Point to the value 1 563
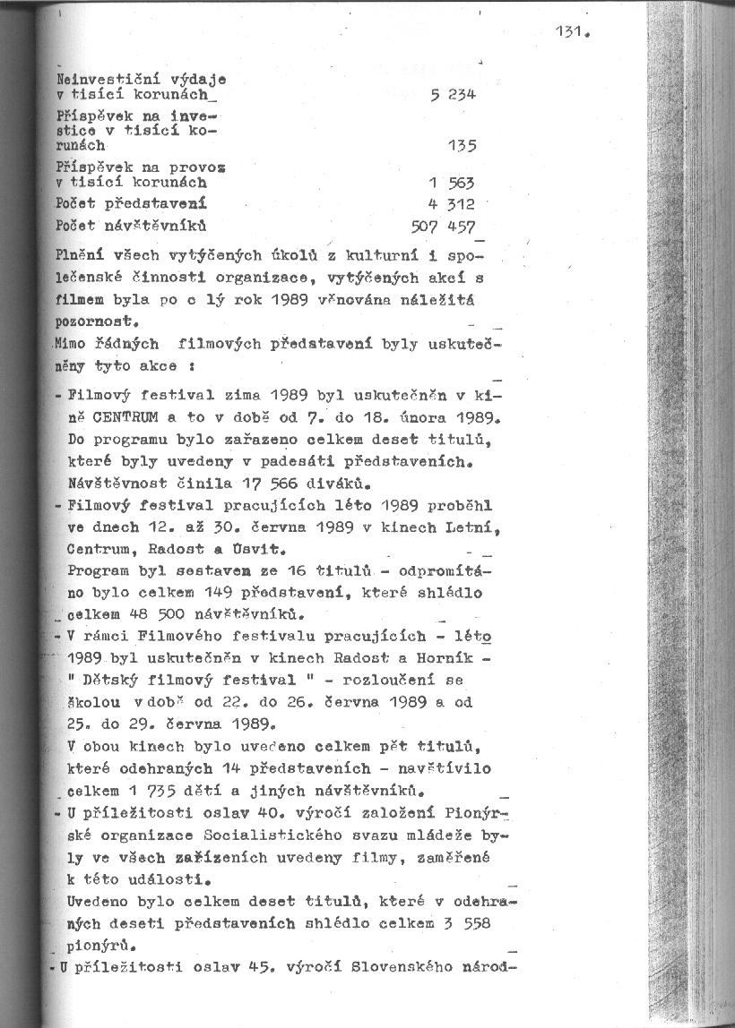pos(452,183)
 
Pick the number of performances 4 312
pos(452,203)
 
